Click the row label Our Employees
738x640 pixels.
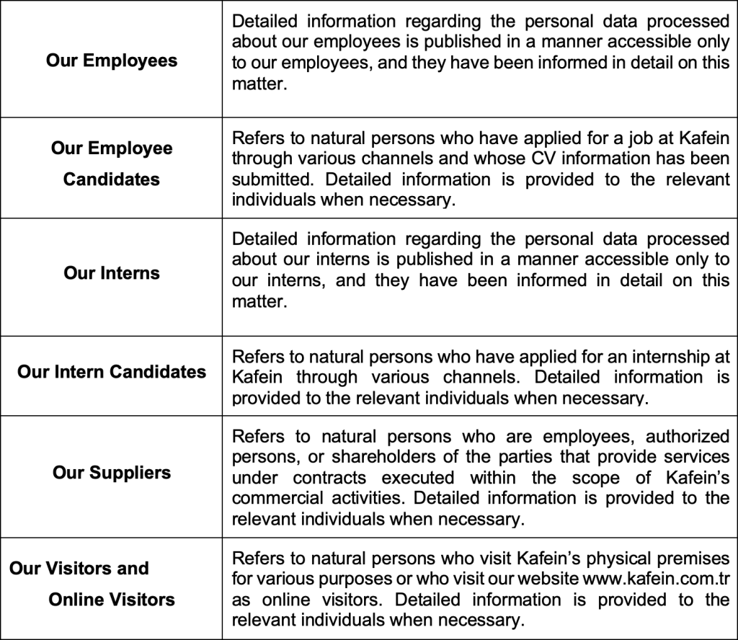tap(112, 60)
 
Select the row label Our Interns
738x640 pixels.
tap(112, 273)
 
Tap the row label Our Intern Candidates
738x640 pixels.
tap(112, 372)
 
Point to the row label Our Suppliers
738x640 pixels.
tap(112, 473)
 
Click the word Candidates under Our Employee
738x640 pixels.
tap(112, 179)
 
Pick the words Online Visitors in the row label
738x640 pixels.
tap(112, 599)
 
